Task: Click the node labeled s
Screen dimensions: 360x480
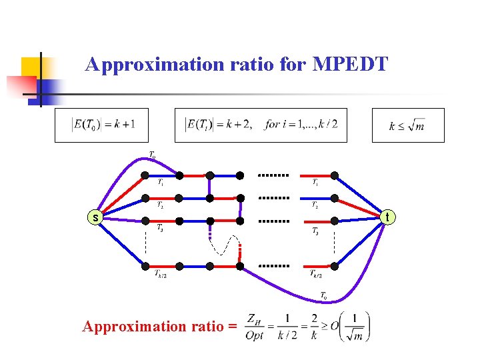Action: (x=96, y=217)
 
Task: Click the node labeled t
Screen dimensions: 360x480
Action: (x=387, y=216)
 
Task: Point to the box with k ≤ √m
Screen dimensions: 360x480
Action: (x=407, y=125)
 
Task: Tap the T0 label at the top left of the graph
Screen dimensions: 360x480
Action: (x=153, y=155)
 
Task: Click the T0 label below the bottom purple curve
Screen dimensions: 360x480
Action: (x=323, y=295)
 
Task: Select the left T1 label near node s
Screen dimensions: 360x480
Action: (x=161, y=182)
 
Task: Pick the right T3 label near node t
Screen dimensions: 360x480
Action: (x=315, y=231)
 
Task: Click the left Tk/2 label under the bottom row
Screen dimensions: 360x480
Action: (x=161, y=274)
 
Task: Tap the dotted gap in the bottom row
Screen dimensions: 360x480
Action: (x=273, y=265)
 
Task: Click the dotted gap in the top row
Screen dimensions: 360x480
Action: (x=273, y=175)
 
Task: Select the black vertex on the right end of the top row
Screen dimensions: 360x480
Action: (x=335, y=175)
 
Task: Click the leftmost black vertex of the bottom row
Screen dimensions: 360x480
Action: (x=145, y=266)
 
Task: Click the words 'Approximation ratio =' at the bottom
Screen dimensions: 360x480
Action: (x=159, y=327)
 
